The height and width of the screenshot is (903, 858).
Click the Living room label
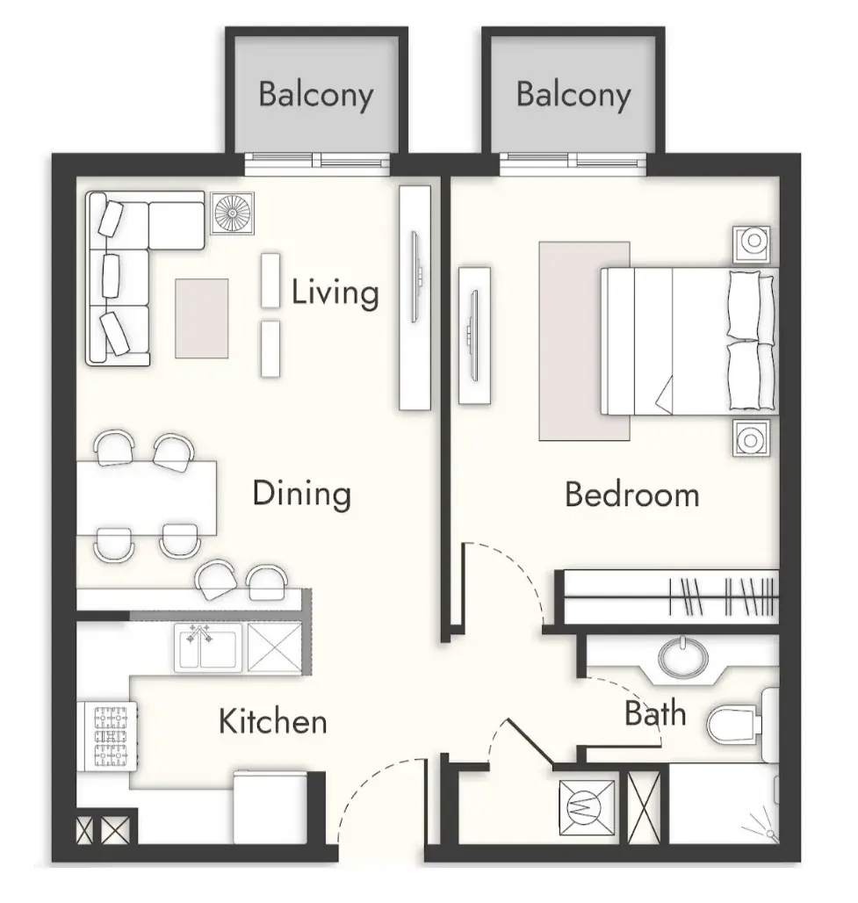coord(335,293)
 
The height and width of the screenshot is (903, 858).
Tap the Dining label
coord(302,495)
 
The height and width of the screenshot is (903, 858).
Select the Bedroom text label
coord(631,495)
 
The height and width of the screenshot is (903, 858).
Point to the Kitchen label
coord(273,721)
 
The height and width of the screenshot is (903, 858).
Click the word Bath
coord(655,713)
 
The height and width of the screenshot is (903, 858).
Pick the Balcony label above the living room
coord(316,95)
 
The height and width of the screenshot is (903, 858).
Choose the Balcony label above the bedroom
coord(573,95)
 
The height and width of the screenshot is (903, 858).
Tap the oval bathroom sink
coord(683,657)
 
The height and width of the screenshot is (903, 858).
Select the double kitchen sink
coord(208,648)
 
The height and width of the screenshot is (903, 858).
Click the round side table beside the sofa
coord(233,213)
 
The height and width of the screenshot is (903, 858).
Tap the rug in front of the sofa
coord(201,319)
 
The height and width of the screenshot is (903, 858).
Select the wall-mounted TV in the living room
coord(415,277)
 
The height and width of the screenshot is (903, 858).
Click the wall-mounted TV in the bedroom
coord(473,336)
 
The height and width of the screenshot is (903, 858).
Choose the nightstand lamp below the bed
coord(751,439)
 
